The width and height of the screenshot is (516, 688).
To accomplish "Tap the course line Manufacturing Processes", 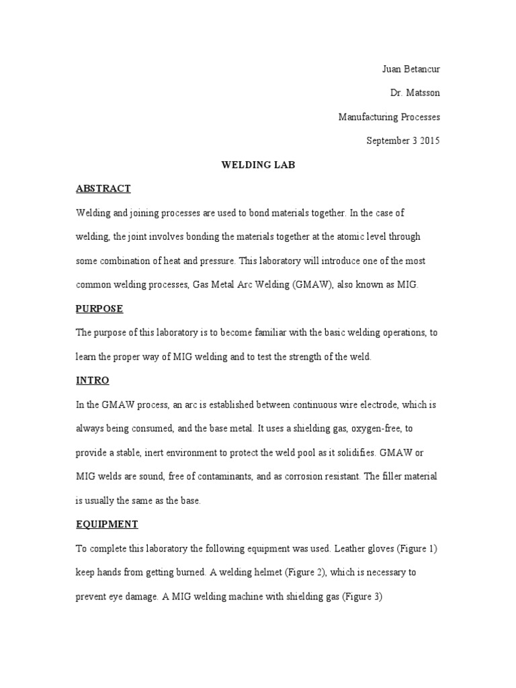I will pyautogui.click(x=389, y=117).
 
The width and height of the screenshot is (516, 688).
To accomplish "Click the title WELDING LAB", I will pyautogui.click(x=258, y=165).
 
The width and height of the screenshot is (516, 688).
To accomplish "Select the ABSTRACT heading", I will pyautogui.click(x=103, y=189).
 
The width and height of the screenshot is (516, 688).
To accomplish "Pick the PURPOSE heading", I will pyautogui.click(x=99, y=308).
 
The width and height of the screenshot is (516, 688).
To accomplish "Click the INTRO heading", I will pyautogui.click(x=93, y=380).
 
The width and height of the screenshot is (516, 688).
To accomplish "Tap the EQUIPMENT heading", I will pyautogui.click(x=107, y=524).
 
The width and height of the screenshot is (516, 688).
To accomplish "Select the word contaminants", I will pyautogui.click(x=220, y=476).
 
